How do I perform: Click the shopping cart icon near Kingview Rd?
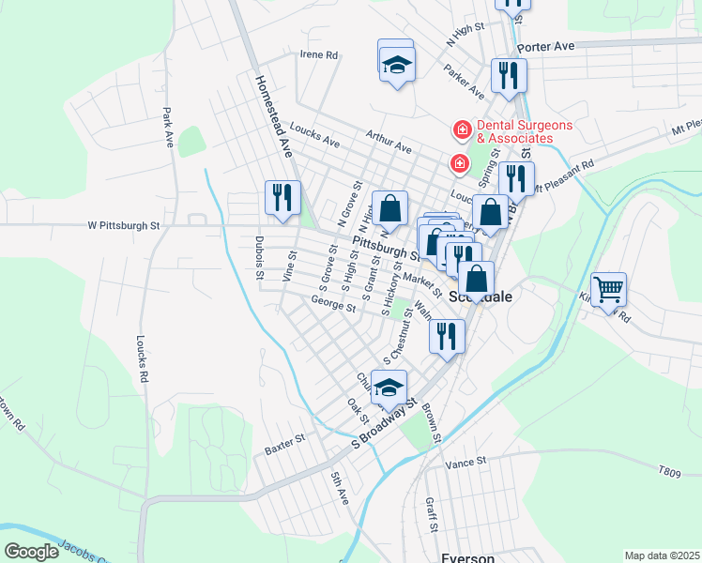(609, 290)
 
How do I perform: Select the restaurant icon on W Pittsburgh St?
(282, 198)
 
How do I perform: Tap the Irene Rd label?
(318, 55)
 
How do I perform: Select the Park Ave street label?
(167, 127)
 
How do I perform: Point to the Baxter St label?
(284, 443)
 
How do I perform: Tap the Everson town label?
(467, 557)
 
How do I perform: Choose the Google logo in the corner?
(31, 552)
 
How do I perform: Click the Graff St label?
(431, 515)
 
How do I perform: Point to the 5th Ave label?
(339, 489)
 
